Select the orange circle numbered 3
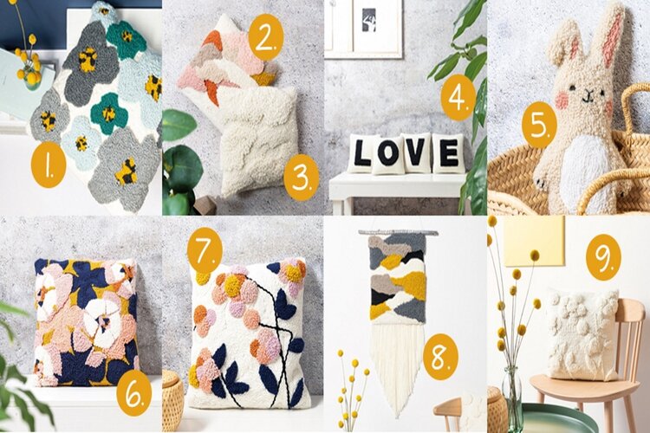[x=302, y=178]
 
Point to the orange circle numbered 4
[x=458, y=98]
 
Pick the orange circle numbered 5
[x=538, y=125]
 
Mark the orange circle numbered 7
[x=205, y=250]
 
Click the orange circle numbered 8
[x=439, y=357]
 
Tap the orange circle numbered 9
[x=603, y=258]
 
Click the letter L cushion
[x=362, y=152]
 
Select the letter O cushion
[x=387, y=155]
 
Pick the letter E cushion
[x=448, y=153]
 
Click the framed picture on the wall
[x=364, y=28]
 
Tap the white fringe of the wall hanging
[x=397, y=365]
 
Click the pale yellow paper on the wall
[x=534, y=241]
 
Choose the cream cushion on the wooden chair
[x=583, y=334]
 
